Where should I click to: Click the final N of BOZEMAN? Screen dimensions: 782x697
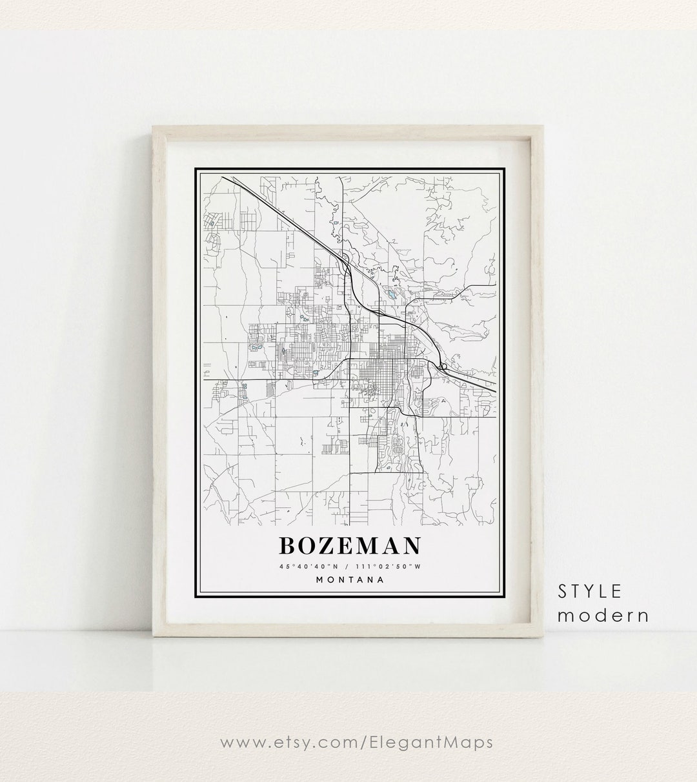coord(412,546)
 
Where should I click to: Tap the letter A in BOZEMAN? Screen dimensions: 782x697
coord(392,546)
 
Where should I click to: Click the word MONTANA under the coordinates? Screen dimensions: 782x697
coord(350,579)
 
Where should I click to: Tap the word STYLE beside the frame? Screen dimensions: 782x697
coord(590,591)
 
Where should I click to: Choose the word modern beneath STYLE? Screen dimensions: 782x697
coord(603,615)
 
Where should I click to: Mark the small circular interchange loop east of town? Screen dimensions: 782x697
coord(443,368)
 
